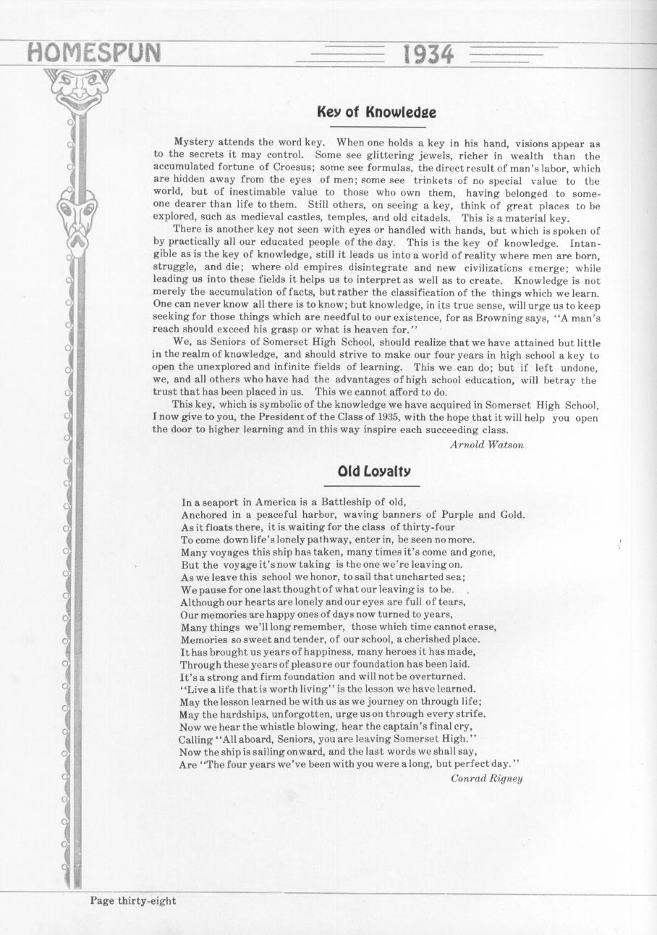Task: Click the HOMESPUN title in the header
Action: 93,53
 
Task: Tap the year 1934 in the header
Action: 428,54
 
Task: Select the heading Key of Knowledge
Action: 376,112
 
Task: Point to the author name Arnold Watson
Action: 486,445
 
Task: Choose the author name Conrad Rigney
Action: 486,779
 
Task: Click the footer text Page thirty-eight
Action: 132,901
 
